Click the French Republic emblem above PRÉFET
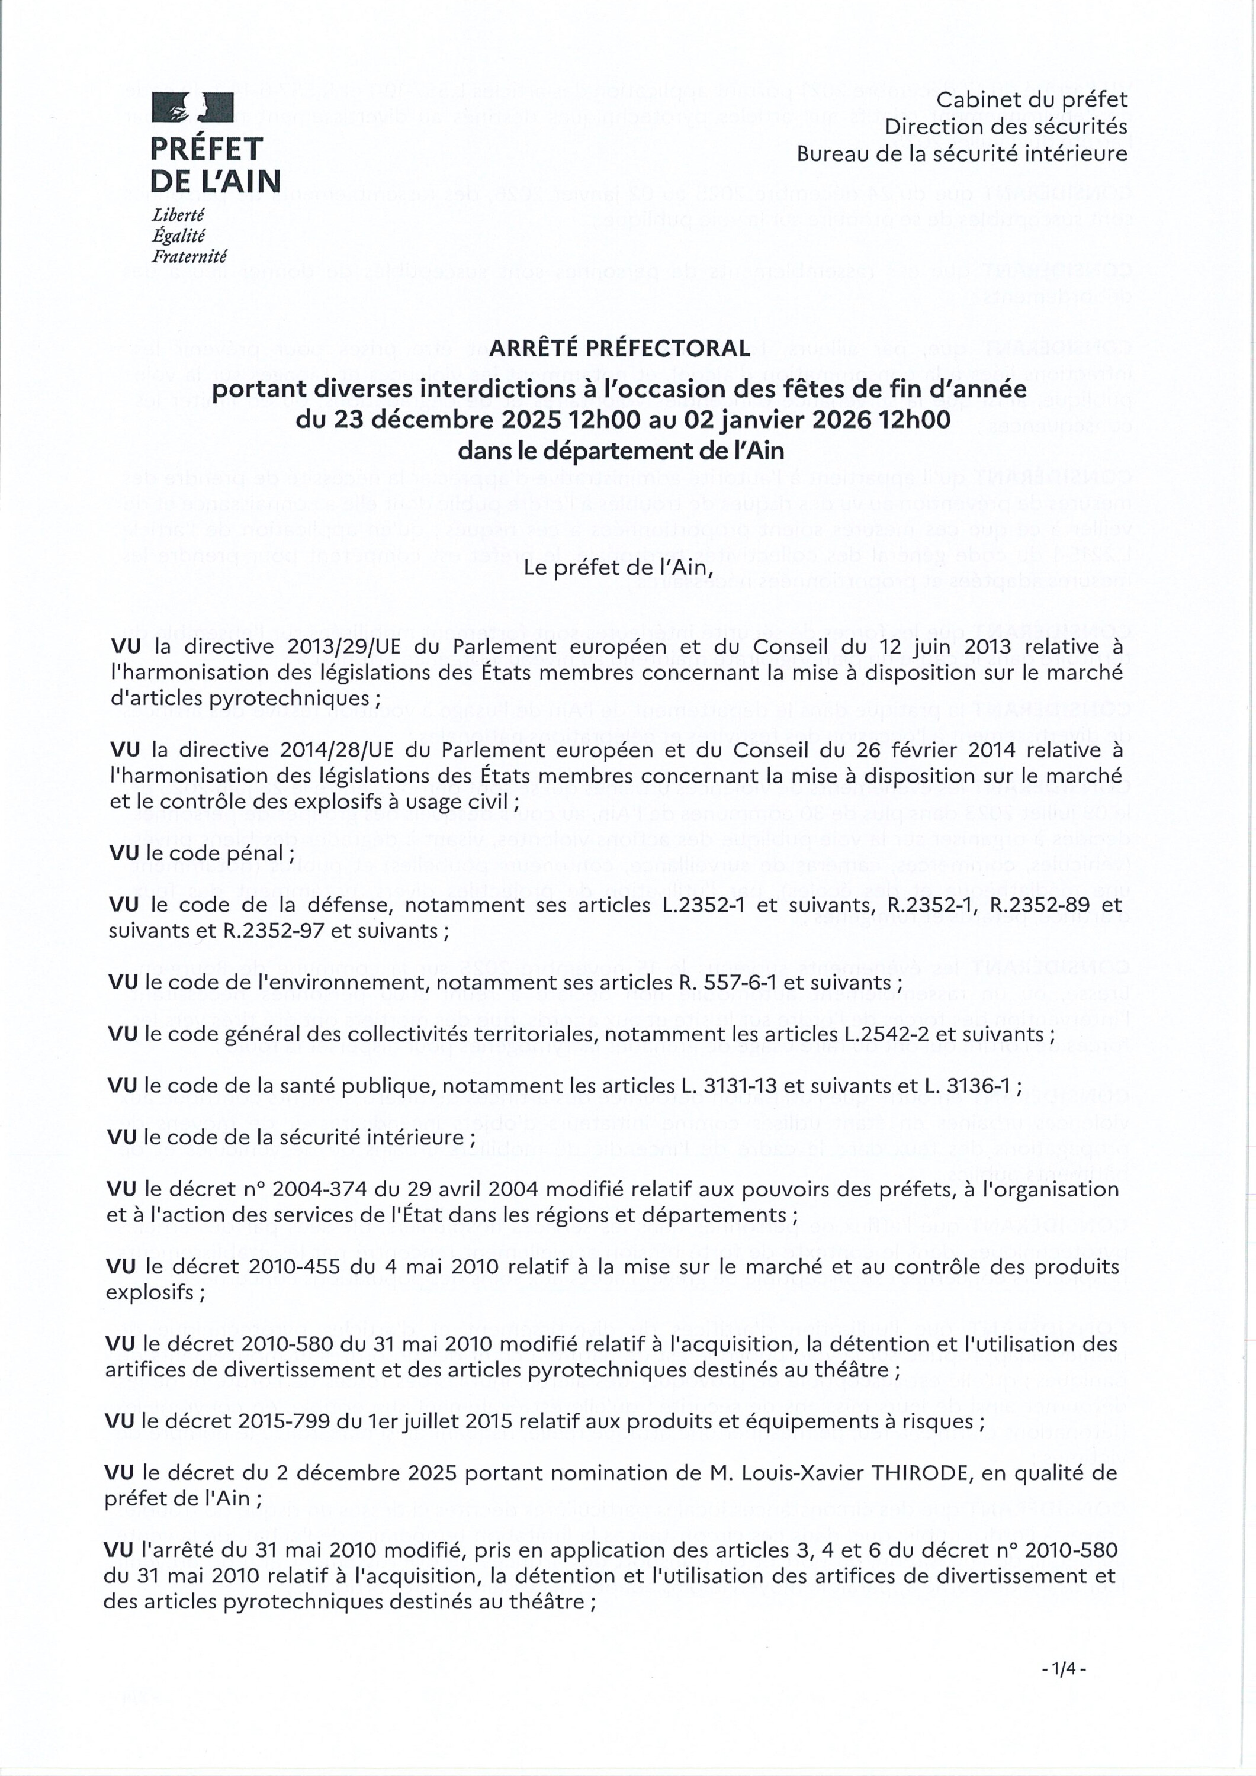(x=192, y=107)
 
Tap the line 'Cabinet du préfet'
(x=1032, y=100)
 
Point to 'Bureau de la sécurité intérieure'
(x=962, y=153)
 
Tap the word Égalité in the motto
(x=179, y=236)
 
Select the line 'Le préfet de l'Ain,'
(x=618, y=568)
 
